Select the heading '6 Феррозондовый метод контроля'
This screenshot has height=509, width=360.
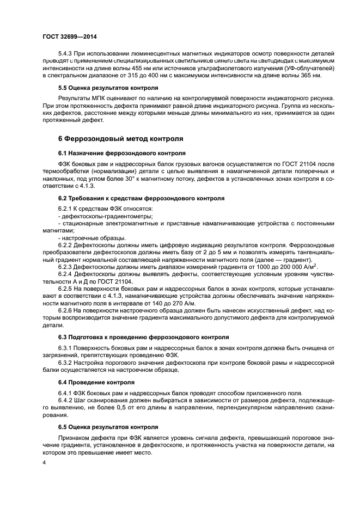point(120,139)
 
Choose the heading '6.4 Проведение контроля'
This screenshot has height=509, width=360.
point(96,382)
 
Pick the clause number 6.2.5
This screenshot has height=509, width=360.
point(67,287)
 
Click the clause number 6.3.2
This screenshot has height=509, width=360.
point(67,361)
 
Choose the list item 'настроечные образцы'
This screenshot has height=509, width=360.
point(94,238)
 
